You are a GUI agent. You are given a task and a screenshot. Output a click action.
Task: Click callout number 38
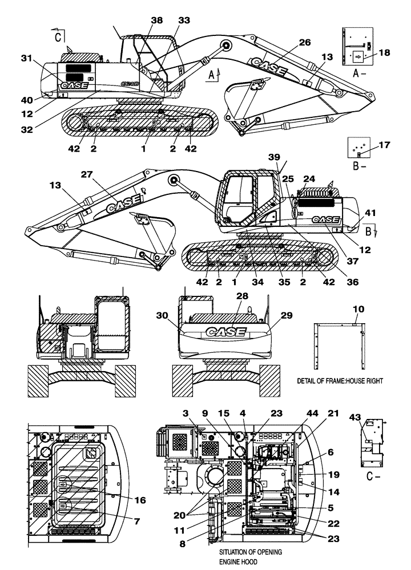[156, 20]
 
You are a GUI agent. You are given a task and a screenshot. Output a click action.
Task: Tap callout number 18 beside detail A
[384, 52]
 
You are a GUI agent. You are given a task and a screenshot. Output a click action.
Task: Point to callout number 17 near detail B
[384, 145]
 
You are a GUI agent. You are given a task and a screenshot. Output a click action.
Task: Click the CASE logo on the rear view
[225, 332]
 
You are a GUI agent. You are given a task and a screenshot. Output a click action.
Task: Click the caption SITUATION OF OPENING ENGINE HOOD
[251, 557]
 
